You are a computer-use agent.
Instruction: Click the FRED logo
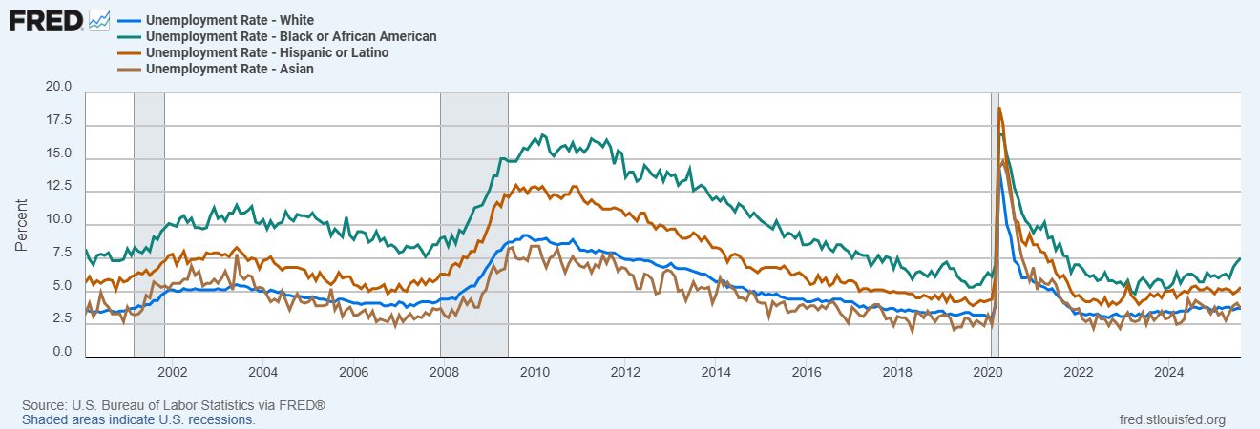[46, 19]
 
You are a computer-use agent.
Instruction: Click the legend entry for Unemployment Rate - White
[230, 20]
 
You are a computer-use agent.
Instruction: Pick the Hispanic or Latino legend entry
[268, 52]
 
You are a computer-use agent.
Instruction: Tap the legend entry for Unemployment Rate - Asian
[230, 69]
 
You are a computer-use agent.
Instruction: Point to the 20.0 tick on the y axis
[58, 87]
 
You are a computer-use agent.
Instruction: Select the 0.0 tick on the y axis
[62, 353]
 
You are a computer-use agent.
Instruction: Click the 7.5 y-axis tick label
[62, 253]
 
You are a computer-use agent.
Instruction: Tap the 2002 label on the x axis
[173, 372]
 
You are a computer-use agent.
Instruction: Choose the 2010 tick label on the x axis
[535, 372]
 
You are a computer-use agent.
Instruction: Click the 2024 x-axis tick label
[1169, 372]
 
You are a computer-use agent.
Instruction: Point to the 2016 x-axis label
[807, 372]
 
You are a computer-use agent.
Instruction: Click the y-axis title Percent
[21, 226]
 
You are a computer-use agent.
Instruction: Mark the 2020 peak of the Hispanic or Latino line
[999, 108]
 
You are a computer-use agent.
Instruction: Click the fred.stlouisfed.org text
[1171, 419]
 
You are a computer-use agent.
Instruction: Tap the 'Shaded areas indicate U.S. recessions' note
[138, 419]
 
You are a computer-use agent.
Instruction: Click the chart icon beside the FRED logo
[98, 19]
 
